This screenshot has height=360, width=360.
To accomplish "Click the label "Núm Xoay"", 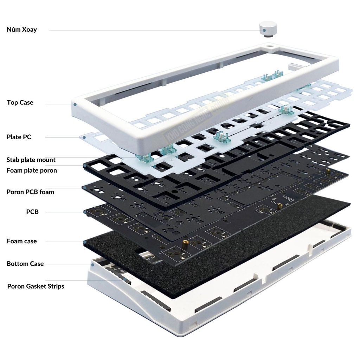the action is (x=21, y=30).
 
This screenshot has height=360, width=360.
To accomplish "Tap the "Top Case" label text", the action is (x=20, y=102).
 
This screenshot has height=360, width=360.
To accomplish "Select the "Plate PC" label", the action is (x=19, y=137).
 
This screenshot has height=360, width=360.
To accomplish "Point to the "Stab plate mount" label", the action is (x=31, y=160).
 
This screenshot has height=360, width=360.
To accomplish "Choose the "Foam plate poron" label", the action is (x=32, y=171).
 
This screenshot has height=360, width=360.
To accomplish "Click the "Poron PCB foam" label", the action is (x=30, y=192).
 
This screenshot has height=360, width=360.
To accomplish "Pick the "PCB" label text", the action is (x=32, y=212).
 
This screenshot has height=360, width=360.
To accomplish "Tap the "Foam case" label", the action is (x=21, y=241).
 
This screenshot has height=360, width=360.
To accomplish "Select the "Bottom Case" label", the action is (x=25, y=264).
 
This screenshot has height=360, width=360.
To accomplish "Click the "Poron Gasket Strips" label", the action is (x=36, y=286).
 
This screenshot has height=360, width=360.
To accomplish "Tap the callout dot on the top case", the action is (x=75, y=104).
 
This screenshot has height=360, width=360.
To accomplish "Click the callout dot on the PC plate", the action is (x=84, y=137).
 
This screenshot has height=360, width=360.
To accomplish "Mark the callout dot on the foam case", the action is (x=85, y=242).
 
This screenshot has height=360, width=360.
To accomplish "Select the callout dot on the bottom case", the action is (x=93, y=265).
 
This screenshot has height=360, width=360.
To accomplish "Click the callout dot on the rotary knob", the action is (x=264, y=30).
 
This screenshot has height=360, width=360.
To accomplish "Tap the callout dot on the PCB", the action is (x=85, y=212).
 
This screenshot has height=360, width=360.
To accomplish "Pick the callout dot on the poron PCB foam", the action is (x=85, y=188).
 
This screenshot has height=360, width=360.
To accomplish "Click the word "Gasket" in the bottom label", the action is (x=36, y=286).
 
